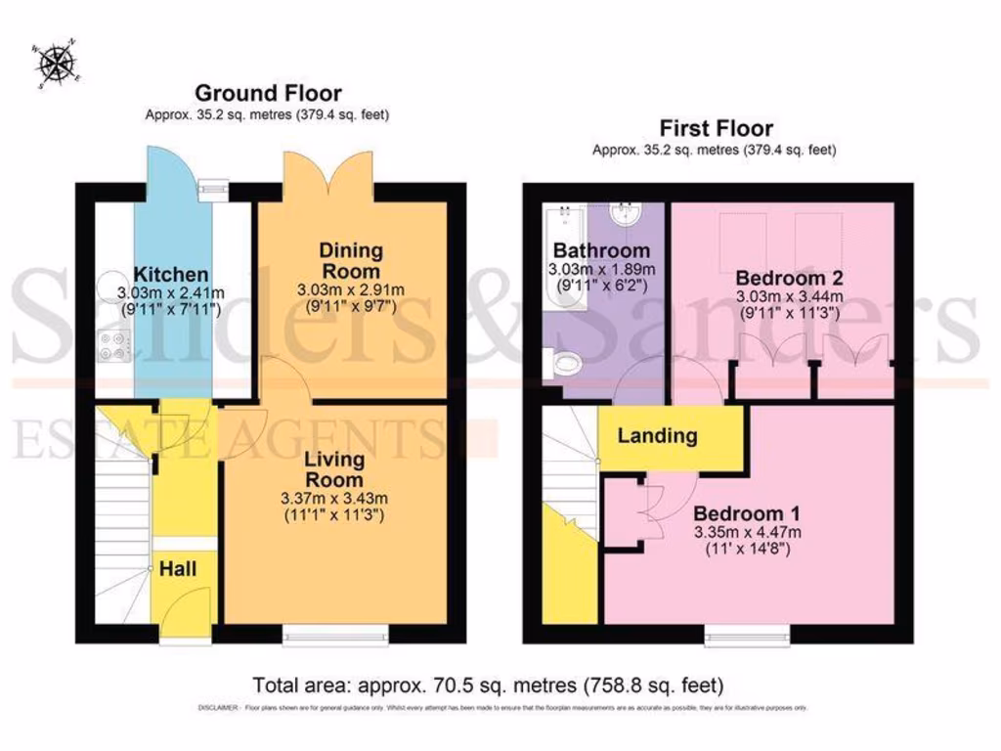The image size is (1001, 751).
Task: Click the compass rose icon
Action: [58, 64]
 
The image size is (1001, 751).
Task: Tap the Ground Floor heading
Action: [268, 94]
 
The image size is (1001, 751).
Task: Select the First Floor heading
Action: [716, 128]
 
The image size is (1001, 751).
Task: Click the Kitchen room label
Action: [171, 274]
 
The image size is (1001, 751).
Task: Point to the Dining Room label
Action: [350, 261]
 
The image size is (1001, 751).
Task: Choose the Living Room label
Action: [333, 469]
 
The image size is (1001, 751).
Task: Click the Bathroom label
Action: [601, 250]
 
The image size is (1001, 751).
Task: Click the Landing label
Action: [657, 436]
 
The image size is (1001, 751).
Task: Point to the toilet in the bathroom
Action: [562, 365]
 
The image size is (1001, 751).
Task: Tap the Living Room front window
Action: [334, 639]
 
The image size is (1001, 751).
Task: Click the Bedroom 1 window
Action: [748, 639]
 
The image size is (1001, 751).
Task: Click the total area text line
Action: [488, 684]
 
